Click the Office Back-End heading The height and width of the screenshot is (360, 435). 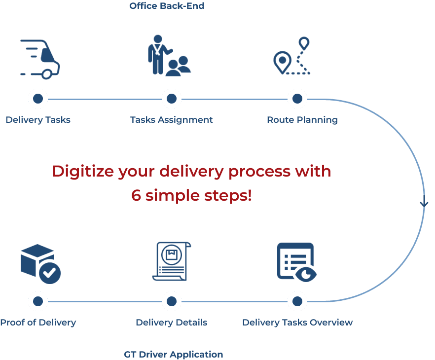click(167, 6)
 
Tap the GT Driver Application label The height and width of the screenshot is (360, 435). click(173, 354)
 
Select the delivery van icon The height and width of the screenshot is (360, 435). click(40, 59)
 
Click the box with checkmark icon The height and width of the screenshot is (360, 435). click(40, 264)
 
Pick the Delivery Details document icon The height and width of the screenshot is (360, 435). click(171, 261)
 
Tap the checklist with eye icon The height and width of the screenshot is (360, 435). click(296, 262)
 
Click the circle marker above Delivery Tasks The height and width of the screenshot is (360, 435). click(38, 99)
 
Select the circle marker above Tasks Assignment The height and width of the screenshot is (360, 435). click(171, 99)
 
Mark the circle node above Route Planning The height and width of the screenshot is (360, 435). click(297, 99)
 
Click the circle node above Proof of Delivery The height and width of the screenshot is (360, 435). click(38, 301)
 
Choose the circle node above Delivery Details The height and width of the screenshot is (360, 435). click(171, 301)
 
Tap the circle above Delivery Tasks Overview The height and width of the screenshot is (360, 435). click(297, 301)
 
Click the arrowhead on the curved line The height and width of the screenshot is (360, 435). click(424, 203)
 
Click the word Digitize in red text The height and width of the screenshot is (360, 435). click(82, 172)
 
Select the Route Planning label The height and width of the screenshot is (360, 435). click(302, 120)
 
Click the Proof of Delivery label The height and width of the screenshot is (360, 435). click(38, 323)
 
